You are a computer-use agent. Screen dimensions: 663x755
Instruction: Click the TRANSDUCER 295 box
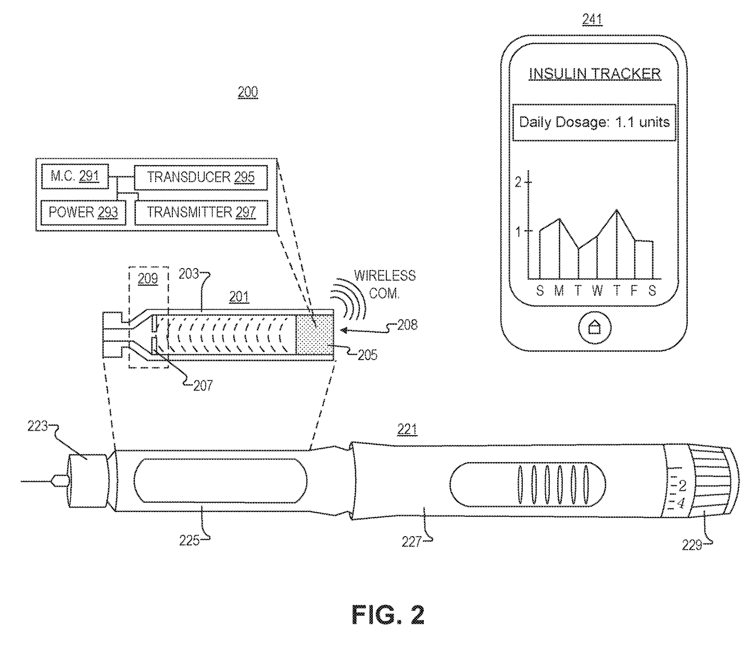[201, 177]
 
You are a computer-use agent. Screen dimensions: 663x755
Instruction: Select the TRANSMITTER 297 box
[201, 212]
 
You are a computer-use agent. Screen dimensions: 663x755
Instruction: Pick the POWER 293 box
[83, 212]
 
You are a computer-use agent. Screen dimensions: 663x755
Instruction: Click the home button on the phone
[594, 328]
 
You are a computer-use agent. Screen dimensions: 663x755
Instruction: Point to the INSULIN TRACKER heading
[595, 74]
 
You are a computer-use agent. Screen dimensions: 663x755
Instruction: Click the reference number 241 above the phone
[592, 20]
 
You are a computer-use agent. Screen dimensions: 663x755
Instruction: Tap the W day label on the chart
[597, 291]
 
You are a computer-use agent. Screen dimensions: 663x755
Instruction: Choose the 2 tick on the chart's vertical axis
[518, 182]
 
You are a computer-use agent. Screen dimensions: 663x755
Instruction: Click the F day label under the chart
[634, 291]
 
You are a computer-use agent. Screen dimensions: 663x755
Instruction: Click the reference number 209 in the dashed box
[148, 279]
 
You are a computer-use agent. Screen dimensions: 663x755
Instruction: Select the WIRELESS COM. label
[385, 284]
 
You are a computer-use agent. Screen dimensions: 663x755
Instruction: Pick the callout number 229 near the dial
[691, 545]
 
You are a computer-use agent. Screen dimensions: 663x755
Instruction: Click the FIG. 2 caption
[388, 615]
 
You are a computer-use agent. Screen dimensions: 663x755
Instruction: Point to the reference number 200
[247, 93]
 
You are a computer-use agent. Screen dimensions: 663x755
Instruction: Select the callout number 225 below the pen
[189, 541]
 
